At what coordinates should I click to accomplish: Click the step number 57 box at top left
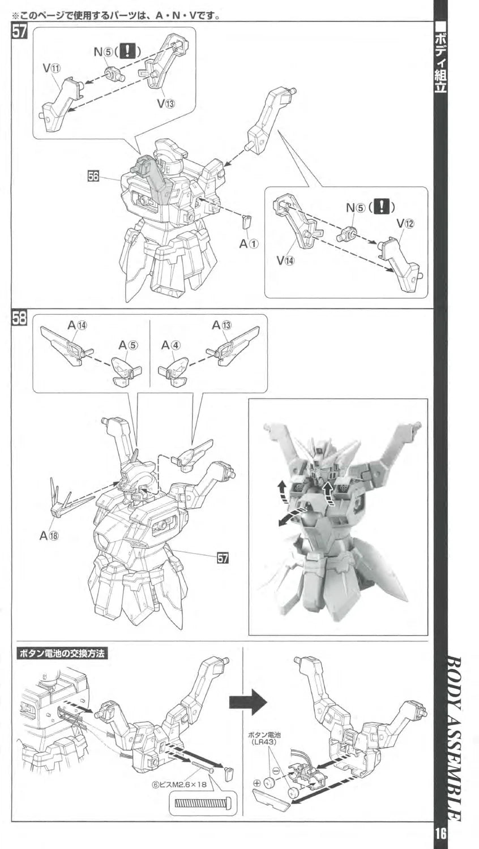coord(20,32)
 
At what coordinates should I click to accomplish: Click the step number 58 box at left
coord(20,317)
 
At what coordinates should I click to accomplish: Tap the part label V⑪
coord(52,68)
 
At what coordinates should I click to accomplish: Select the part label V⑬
coord(166,103)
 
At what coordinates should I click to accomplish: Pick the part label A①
coord(249,244)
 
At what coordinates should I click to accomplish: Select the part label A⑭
coord(78,325)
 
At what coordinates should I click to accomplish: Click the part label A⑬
coord(222,325)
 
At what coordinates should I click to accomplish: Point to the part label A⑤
coord(128,345)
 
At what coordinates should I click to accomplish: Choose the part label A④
coord(171,345)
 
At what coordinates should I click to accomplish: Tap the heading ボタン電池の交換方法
coord(62,653)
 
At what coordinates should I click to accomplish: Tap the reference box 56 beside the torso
coord(93,176)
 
